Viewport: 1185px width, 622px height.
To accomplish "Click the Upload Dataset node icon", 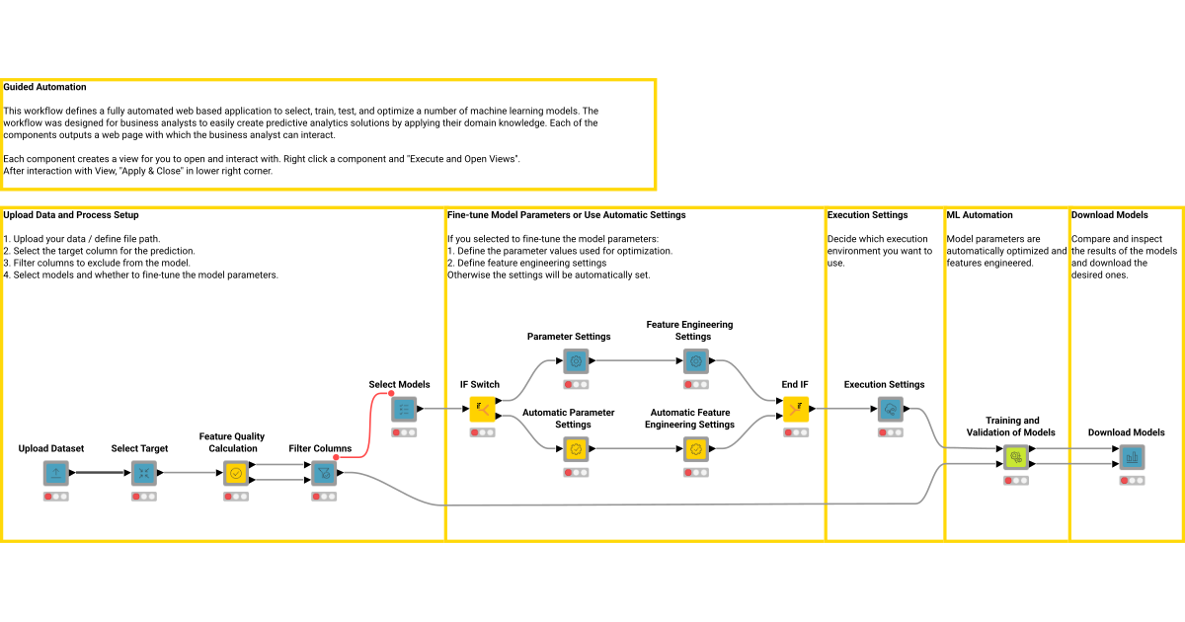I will (56, 473).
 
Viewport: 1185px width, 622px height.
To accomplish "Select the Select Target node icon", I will (145, 473).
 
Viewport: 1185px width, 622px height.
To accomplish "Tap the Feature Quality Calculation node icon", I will (236, 473).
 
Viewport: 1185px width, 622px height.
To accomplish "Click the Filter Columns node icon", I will (324, 473).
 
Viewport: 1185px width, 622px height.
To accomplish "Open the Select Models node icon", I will (404, 409).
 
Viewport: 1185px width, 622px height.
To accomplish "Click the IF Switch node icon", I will (482, 409).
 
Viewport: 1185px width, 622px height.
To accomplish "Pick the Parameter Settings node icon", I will (577, 361).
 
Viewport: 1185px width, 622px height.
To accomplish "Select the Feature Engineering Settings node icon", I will (696, 361).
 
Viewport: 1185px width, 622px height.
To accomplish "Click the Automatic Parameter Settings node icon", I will (577, 449).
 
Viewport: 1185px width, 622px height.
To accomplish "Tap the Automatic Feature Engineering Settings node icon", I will (696, 449).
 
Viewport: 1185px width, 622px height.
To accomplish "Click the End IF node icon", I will (796, 409).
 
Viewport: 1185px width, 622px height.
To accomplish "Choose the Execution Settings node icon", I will (891, 409).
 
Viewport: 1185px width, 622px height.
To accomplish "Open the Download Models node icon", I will (1132, 457).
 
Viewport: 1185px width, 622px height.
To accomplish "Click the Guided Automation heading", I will (44, 87).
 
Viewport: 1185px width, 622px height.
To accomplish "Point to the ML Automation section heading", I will (980, 214).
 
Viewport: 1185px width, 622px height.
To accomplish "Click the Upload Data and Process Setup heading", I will (71, 214).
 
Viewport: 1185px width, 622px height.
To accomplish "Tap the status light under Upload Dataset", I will (56, 496).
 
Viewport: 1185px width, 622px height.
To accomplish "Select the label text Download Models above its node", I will (1126, 432).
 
